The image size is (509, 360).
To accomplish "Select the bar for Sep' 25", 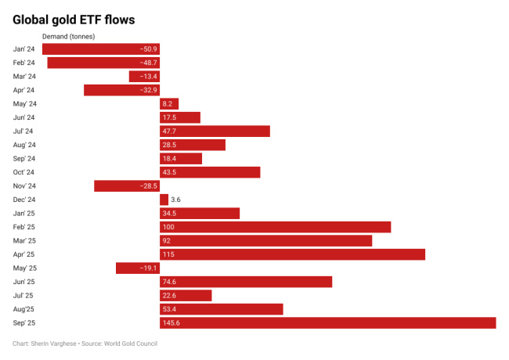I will pyautogui.click(x=327, y=322).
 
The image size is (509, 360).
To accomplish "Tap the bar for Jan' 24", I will pyautogui.click(x=100, y=49).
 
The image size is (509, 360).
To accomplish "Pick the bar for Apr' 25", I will pyautogui.click(x=292, y=254).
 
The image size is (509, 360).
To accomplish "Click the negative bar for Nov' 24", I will pyautogui.click(x=127, y=186).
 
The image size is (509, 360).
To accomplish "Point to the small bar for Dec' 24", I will pyautogui.click(x=164, y=200).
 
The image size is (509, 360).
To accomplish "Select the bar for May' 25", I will pyautogui.click(x=138, y=268).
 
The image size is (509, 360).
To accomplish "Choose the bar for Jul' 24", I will pyautogui.click(x=215, y=131).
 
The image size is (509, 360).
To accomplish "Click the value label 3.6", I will pyautogui.click(x=176, y=200).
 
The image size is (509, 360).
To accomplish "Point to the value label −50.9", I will pyautogui.click(x=148, y=49).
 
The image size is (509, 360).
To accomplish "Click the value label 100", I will pyautogui.click(x=169, y=227).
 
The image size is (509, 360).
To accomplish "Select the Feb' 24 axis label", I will pyautogui.click(x=24, y=63).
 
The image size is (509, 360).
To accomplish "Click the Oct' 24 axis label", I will pyautogui.click(x=24, y=172).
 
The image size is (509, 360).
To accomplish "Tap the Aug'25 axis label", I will pyautogui.click(x=23, y=309).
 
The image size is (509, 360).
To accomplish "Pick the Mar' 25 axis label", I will pyautogui.click(x=24, y=240).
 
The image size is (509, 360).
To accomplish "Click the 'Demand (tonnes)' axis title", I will pyautogui.click(x=67, y=36).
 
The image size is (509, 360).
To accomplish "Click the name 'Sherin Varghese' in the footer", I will pyautogui.click(x=56, y=343).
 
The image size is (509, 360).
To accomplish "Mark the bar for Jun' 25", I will pyautogui.click(x=246, y=282).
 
